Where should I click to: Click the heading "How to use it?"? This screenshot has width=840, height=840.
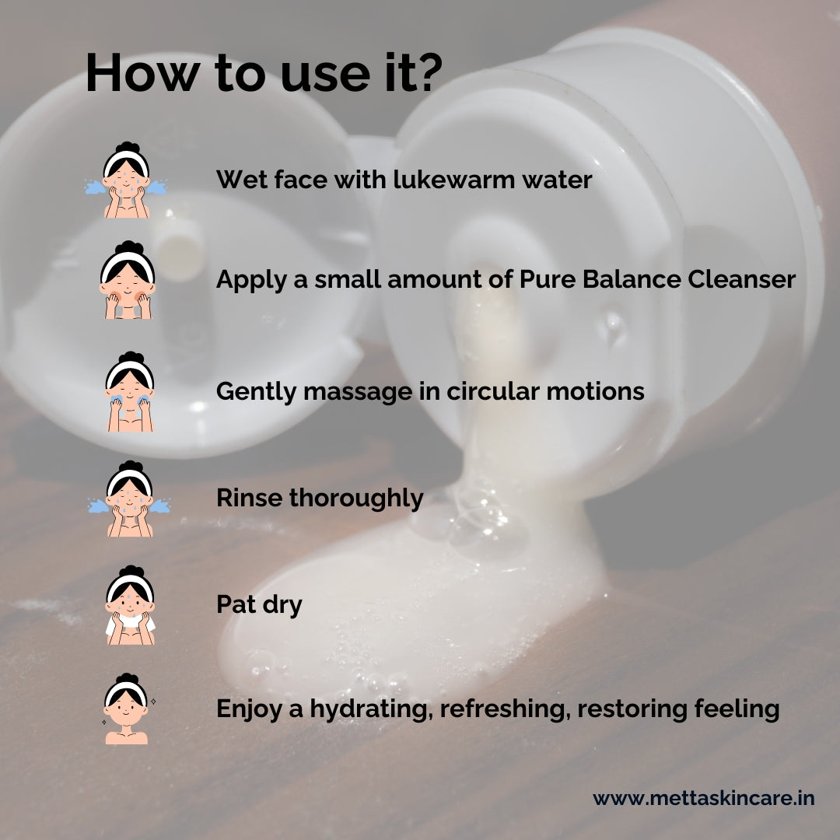(264, 75)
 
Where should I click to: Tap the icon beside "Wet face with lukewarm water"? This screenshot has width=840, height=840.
(126, 180)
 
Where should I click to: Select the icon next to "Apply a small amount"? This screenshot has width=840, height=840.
(126, 280)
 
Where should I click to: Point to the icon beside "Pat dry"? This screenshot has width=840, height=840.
(129, 604)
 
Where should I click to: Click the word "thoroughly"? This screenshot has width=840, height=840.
(356, 499)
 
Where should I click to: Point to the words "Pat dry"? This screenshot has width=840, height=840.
(259, 604)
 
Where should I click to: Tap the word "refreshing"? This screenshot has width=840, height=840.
(502, 709)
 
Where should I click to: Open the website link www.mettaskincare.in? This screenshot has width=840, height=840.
(703, 799)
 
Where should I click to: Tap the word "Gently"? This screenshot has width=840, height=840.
(256, 392)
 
